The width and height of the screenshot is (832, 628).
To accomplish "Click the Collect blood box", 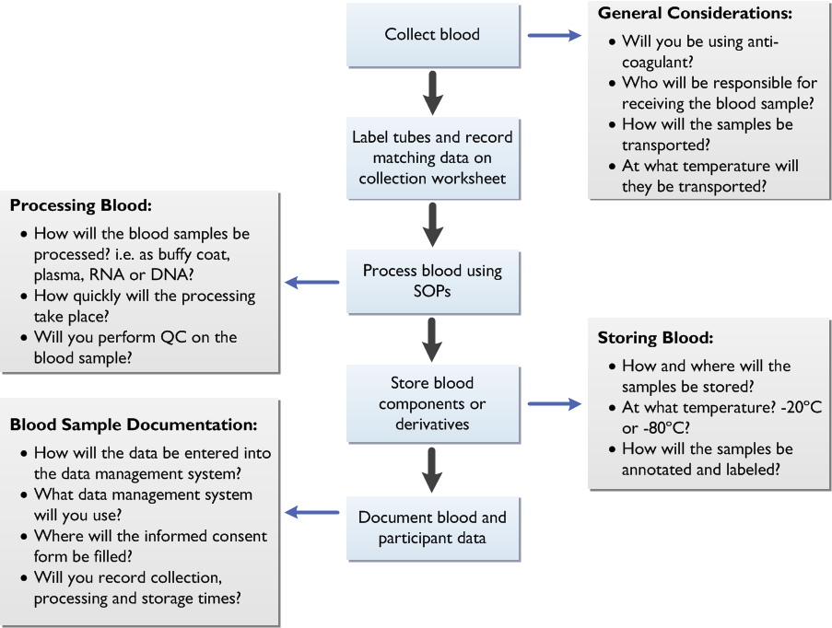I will (x=432, y=35).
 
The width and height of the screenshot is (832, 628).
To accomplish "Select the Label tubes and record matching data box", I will (x=432, y=157).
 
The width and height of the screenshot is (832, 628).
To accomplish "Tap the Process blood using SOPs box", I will (x=432, y=281).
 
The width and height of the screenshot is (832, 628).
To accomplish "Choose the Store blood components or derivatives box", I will (x=432, y=403).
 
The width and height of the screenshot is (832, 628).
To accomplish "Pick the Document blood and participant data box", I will (x=432, y=527).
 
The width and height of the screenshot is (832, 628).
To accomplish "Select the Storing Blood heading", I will (x=655, y=338).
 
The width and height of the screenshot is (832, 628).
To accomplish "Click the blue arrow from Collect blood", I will (x=555, y=36).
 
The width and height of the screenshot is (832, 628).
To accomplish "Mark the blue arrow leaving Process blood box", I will (x=312, y=282).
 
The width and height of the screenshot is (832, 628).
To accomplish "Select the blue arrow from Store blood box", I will (x=555, y=403).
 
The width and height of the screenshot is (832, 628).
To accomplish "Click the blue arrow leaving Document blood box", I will (x=312, y=513).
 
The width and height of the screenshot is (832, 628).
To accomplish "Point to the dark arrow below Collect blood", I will (x=431, y=92).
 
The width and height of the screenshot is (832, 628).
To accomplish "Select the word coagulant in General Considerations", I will (x=661, y=62).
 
